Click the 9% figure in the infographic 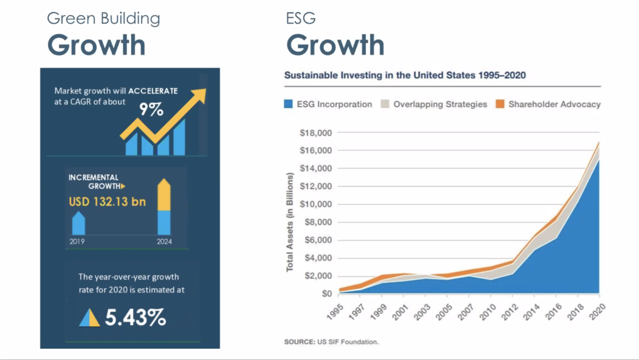coord(151,111)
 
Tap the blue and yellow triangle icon coord(89,318)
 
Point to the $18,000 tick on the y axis coord(317,133)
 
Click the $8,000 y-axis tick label coord(319,223)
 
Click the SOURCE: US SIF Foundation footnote coord(331,342)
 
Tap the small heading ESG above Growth coord(301,18)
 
